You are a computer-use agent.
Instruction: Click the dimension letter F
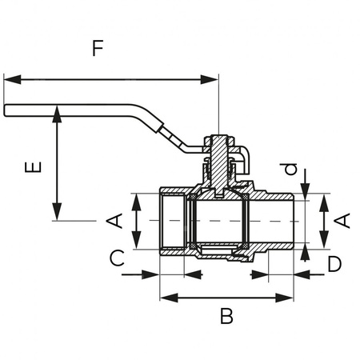point(98,49)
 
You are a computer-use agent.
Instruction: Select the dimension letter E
point(33,170)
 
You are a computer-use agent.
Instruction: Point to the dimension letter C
point(117,258)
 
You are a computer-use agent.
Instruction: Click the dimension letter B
point(226,316)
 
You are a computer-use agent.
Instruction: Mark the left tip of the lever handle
point(6,110)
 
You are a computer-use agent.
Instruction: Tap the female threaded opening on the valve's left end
point(172,221)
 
